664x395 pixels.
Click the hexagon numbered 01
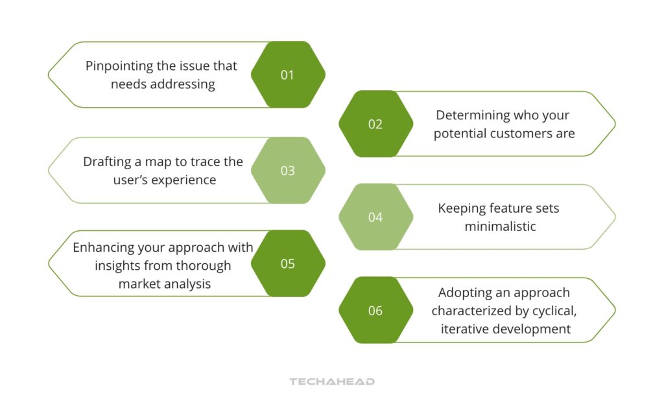click(x=287, y=75)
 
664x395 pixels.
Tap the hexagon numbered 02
click(x=375, y=124)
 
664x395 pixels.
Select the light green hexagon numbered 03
click(x=287, y=171)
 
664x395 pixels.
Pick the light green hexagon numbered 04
click(x=375, y=217)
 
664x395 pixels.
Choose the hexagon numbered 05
click(x=287, y=264)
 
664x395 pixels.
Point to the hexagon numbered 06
click(x=375, y=311)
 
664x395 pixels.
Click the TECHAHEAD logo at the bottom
click(x=331, y=382)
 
